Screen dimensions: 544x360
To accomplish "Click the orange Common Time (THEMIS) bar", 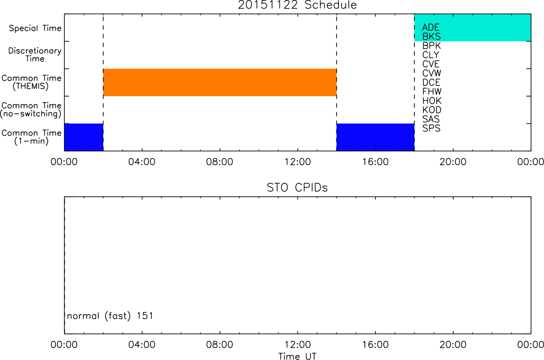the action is click(x=220, y=82).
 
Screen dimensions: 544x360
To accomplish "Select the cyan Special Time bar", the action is click(x=473, y=27).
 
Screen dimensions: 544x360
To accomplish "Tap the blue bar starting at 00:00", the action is click(x=84, y=137).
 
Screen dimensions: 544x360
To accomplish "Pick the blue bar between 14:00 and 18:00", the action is click(x=376, y=137).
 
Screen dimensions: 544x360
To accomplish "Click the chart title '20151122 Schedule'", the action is click(x=297, y=5).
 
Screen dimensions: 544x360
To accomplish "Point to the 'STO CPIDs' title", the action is click(x=297, y=188).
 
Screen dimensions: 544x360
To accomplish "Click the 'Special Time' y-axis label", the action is click(x=35, y=28).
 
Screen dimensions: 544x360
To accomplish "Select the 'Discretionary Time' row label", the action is click(x=35, y=55).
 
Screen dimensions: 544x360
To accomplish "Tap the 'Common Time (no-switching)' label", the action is click(x=31, y=110).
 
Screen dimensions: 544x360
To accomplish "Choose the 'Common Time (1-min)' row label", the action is click(x=31, y=137).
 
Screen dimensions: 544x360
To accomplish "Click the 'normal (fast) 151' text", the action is click(x=110, y=316).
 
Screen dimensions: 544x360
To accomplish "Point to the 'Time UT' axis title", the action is click(x=297, y=356).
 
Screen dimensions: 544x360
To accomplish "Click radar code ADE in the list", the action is click(x=431, y=27).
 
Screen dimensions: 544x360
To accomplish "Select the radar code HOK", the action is click(x=432, y=101).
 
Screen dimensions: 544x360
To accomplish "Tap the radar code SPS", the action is click(x=431, y=128).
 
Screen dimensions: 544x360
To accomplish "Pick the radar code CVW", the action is click(x=432, y=73).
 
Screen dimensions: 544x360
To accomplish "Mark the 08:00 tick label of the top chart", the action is click(x=219, y=162).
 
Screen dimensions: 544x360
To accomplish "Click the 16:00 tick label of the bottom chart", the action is click(x=376, y=345).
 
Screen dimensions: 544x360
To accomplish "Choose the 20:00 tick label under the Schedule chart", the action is click(x=453, y=162).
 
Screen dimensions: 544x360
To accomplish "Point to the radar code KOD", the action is click(x=432, y=110).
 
